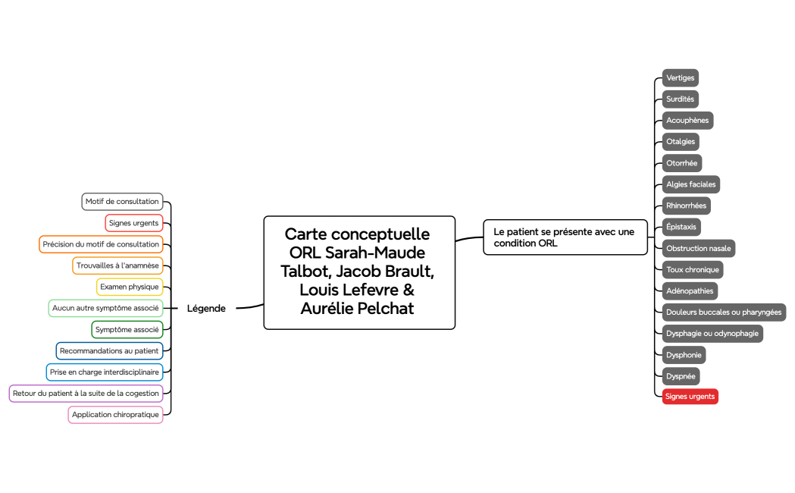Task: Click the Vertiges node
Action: [680, 77]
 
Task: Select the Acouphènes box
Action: [687, 120]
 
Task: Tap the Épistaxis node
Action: [681, 227]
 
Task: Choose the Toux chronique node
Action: [693, 269]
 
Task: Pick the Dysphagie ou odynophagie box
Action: [712, 333]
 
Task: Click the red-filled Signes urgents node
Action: [690, 396]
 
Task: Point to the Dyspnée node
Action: [681, 376]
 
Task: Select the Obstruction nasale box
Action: [698, 248]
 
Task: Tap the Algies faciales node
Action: [690, 184]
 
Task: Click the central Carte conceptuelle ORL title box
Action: [359, 272]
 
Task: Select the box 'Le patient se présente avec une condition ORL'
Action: [565, 237]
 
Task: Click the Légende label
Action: [206, 308]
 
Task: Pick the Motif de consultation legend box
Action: [123, 202]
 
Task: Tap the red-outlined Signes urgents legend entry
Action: [134, 223]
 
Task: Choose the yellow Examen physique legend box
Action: [130, 287]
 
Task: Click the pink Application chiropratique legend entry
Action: [115, 415]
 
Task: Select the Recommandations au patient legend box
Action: [109, 350]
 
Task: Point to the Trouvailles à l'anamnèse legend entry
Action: [117, 265]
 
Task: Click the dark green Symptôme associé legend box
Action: [127, 329]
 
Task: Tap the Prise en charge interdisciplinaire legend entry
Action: [105, 372]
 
